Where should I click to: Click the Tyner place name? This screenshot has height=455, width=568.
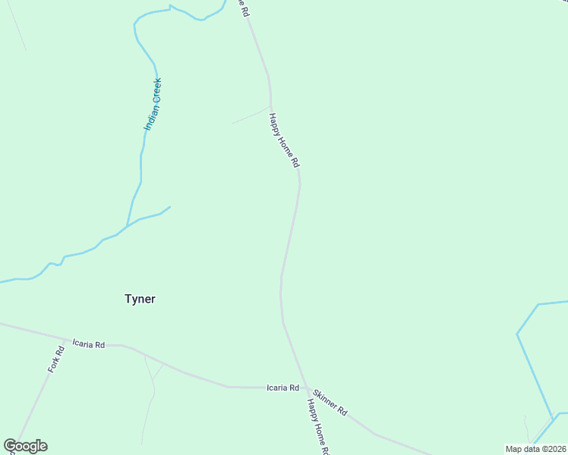[x=140, y=299]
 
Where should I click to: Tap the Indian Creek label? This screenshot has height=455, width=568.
[x=153, y=104]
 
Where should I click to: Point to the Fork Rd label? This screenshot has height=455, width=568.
[x=55, y=359]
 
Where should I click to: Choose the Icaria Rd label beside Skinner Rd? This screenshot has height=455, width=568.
[x=282, y=388]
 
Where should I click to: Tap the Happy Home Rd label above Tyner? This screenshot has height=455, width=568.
[x=284, y=140]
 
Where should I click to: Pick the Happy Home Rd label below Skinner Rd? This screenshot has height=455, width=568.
[x=317, y=427]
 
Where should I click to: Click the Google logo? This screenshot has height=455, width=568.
[x=25, y=446]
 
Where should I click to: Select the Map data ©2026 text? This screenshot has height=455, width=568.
[x=535, y=449]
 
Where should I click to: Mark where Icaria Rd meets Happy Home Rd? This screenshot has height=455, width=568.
[x=306, y=388]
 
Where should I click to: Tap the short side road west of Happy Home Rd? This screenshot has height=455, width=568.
[x=251, y=115]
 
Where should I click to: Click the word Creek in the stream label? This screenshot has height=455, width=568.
[x=156, y=90]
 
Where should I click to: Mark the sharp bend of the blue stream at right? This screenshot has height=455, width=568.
[x=517, y=333]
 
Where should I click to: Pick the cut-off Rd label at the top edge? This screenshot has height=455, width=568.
[x=242, y=8]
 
